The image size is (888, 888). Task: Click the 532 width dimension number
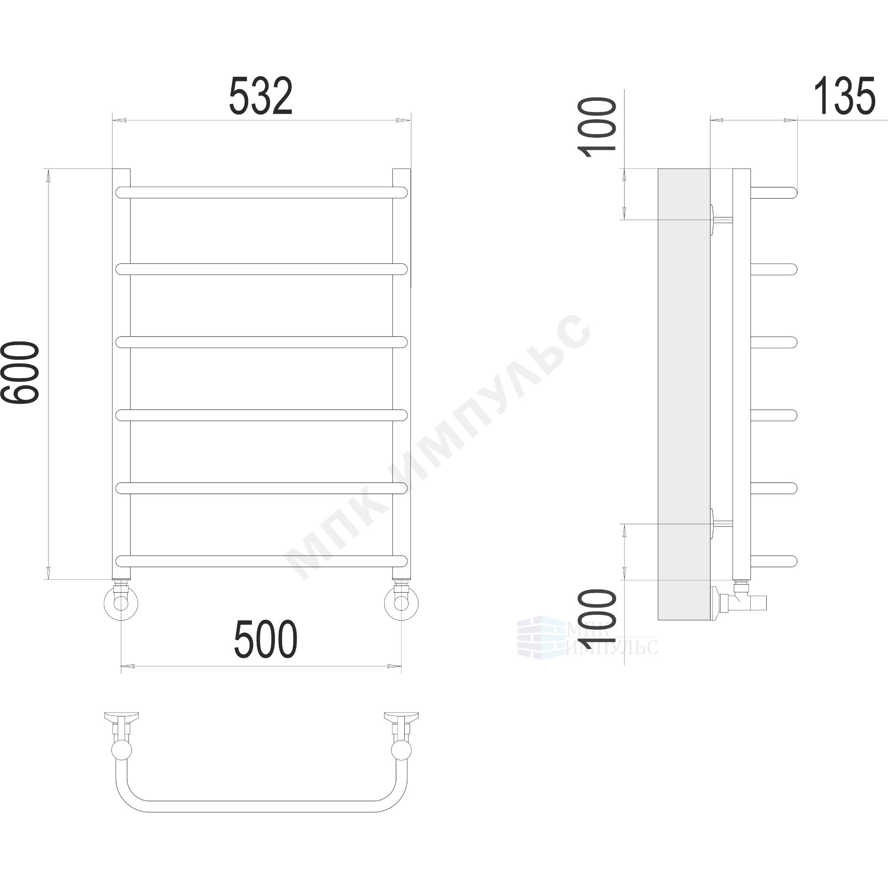tap(261, 96)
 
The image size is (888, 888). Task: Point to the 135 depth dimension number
tap(844, 96)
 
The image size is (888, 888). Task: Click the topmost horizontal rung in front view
tap(262, 192)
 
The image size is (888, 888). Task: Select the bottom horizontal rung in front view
tap(262, 561)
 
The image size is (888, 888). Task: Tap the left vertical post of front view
tap(121, 373)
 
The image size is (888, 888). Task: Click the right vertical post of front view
tap(401, 373)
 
